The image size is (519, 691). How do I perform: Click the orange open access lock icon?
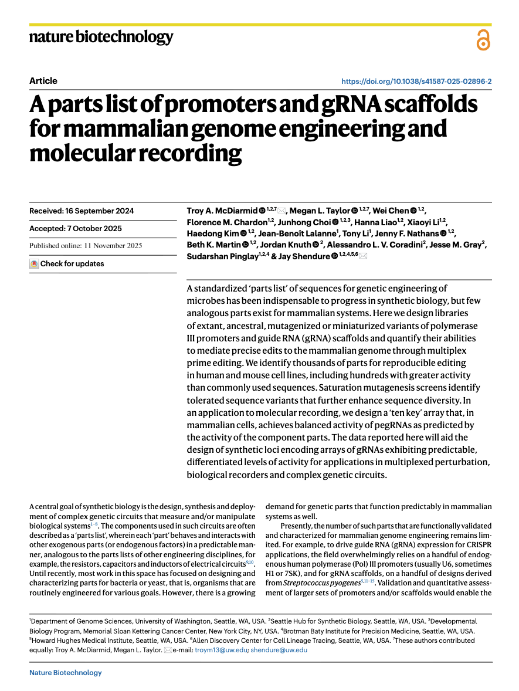[483, 40]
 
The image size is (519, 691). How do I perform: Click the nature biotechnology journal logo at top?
[101, 38]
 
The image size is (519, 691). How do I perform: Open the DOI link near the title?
[416, 82]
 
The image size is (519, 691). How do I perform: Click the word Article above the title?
[43, 81]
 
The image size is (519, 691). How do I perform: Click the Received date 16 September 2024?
[82, 211]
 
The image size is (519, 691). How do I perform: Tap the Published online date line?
[86, 246]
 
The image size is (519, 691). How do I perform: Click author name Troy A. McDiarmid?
[222, 211]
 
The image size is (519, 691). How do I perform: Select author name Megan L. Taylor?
[320, 211]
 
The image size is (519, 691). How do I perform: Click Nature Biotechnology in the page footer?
[66, 673]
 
